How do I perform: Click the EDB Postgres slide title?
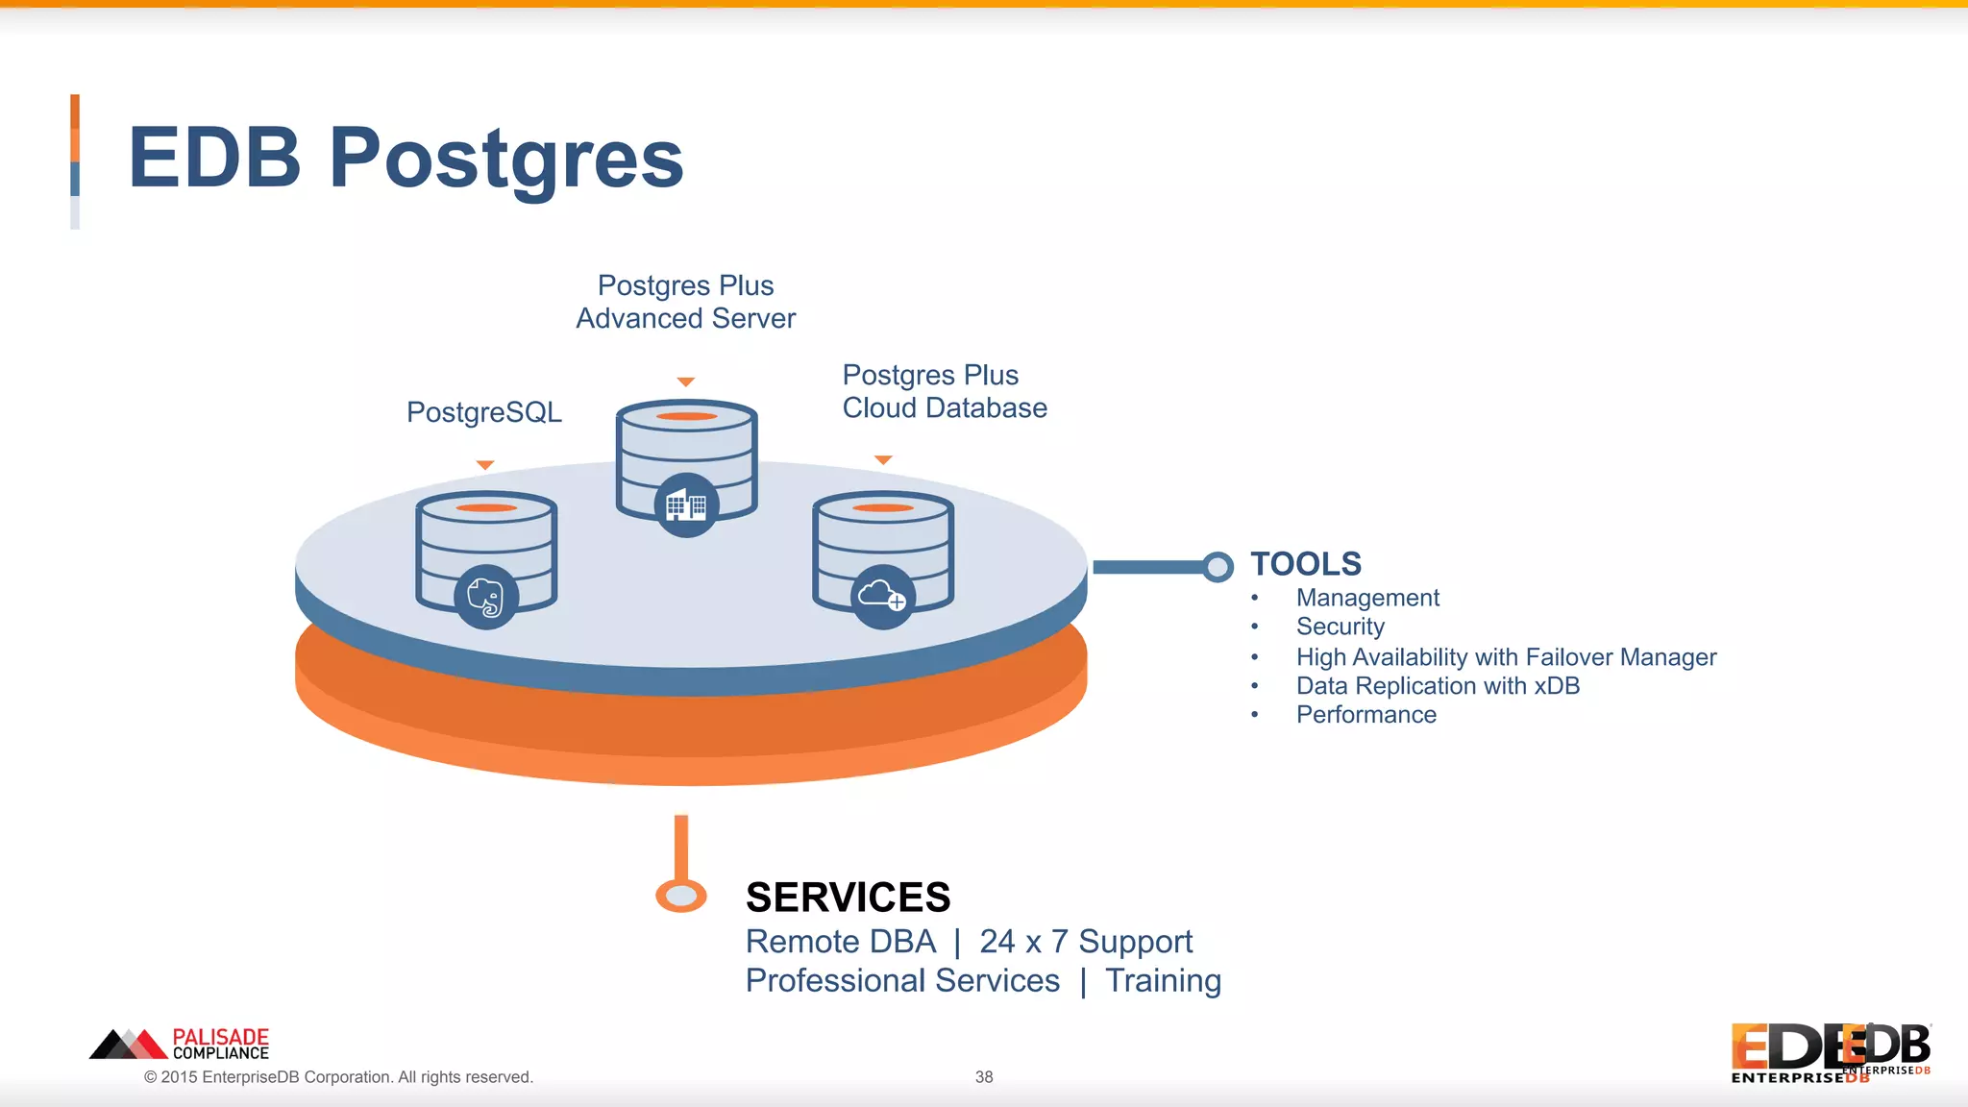[x=405, y=159]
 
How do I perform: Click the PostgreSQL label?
[x=483, y=412]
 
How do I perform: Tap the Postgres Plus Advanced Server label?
[x=685, y=302]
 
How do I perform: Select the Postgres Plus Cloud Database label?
[x=944, y=391]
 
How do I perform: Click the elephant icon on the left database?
[x=486, y=598]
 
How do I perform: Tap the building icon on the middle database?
[x=686, y=505]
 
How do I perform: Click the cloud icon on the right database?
[x=882, y=597]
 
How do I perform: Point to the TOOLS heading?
[x=1305, y=564]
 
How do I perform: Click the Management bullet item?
[x=1366, y=598]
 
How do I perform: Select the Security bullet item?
[x=1340, y=627]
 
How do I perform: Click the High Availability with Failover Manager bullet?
[x=1505, y=657]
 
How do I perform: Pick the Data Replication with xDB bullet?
[x=1437, y=686]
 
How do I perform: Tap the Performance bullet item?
[x=1365, y=715]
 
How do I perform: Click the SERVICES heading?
[x=848, y=898]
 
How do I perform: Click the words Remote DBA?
[x=840, y=942]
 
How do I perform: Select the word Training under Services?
[x=1163, y=981]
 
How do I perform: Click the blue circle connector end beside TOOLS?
[x=1218, y=567]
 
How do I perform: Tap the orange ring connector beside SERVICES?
[x=681, y=896]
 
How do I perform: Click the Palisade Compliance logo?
[x=180, y=1044]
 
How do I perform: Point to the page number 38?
[x=983, y=1077]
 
